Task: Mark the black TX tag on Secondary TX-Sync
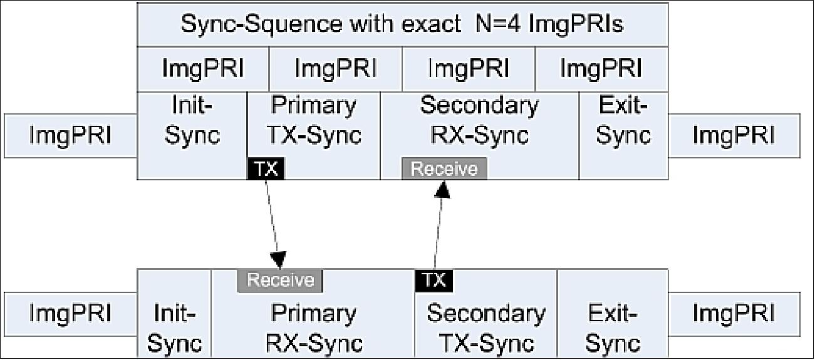tap(433, 280)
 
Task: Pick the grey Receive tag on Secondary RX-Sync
tap(444, 169)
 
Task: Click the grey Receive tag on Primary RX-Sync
tap(279, 280)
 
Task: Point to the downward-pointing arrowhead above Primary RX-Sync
tap(278, 260)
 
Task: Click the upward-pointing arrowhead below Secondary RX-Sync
tap(444, 188)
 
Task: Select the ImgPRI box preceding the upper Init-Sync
tap(70, 135)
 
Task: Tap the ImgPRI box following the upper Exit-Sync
tap(734, 135)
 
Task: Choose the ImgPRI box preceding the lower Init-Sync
tap(70, 313)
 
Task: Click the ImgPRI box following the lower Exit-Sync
tap(734, 313)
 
